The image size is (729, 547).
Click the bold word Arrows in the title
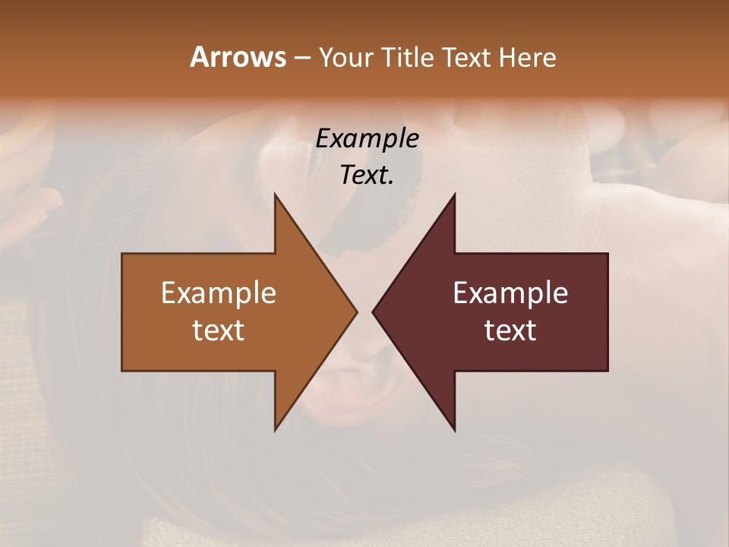pos(237,57)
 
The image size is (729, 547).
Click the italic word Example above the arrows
pos(367,138)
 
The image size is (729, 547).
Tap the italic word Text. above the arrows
pos(367,175)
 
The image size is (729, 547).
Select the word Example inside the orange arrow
pos(219,293)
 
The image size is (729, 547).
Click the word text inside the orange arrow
pos(219,330)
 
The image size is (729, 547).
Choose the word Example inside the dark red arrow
pos(510,293)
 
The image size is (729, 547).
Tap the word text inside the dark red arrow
pos(510,330)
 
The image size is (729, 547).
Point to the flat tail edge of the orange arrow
pos(123,311)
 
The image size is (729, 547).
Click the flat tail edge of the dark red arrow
pos(607,311)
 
